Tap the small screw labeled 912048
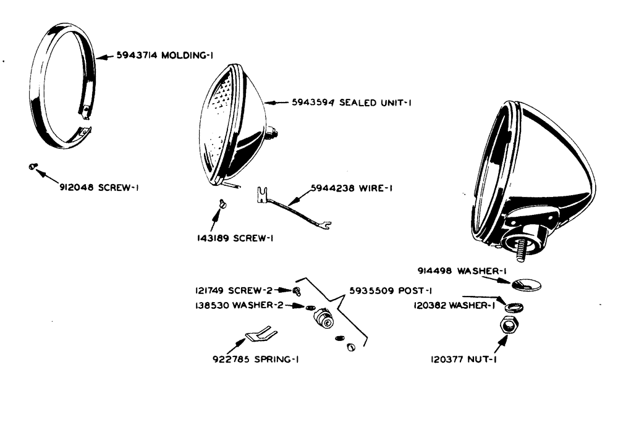click(33, 166)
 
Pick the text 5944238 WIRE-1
click(351, 190)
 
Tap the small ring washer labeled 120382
click(512, 306)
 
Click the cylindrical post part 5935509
click(323, 319)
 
